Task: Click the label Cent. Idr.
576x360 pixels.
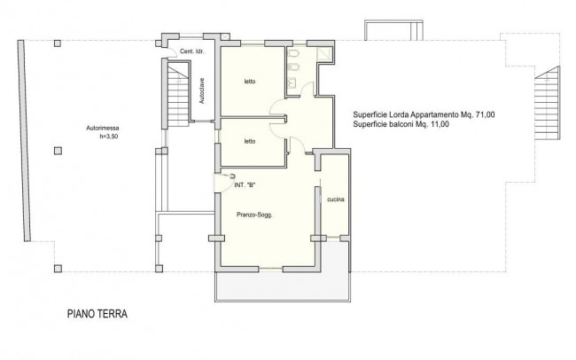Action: tap(191, 51)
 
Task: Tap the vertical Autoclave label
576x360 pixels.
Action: tap(202, 90)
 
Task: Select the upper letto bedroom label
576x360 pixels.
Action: tap(250, 82)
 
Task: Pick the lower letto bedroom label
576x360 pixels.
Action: tap(250, 141)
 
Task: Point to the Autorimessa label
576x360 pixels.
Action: tap(103, 129)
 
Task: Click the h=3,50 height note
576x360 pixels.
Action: tap(109, 137)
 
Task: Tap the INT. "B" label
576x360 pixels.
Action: tap(245, 185)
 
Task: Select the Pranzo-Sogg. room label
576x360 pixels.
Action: tap(254, 215)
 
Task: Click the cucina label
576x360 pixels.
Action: tap(336, 200)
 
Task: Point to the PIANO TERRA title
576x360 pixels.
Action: tap(97, 314)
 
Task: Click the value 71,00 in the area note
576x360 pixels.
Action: tap(485, 114)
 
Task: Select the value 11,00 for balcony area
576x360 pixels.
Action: tap(440, 124)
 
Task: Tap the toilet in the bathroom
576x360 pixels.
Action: tap(293, 54)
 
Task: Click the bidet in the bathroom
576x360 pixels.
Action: tap(294, 67)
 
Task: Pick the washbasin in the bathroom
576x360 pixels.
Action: tap(292, 83)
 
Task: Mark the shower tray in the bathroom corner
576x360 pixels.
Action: tap(324, 53)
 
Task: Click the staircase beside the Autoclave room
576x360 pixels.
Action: tap(178, 96)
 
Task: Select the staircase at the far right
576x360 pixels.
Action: tap(548, 103)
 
